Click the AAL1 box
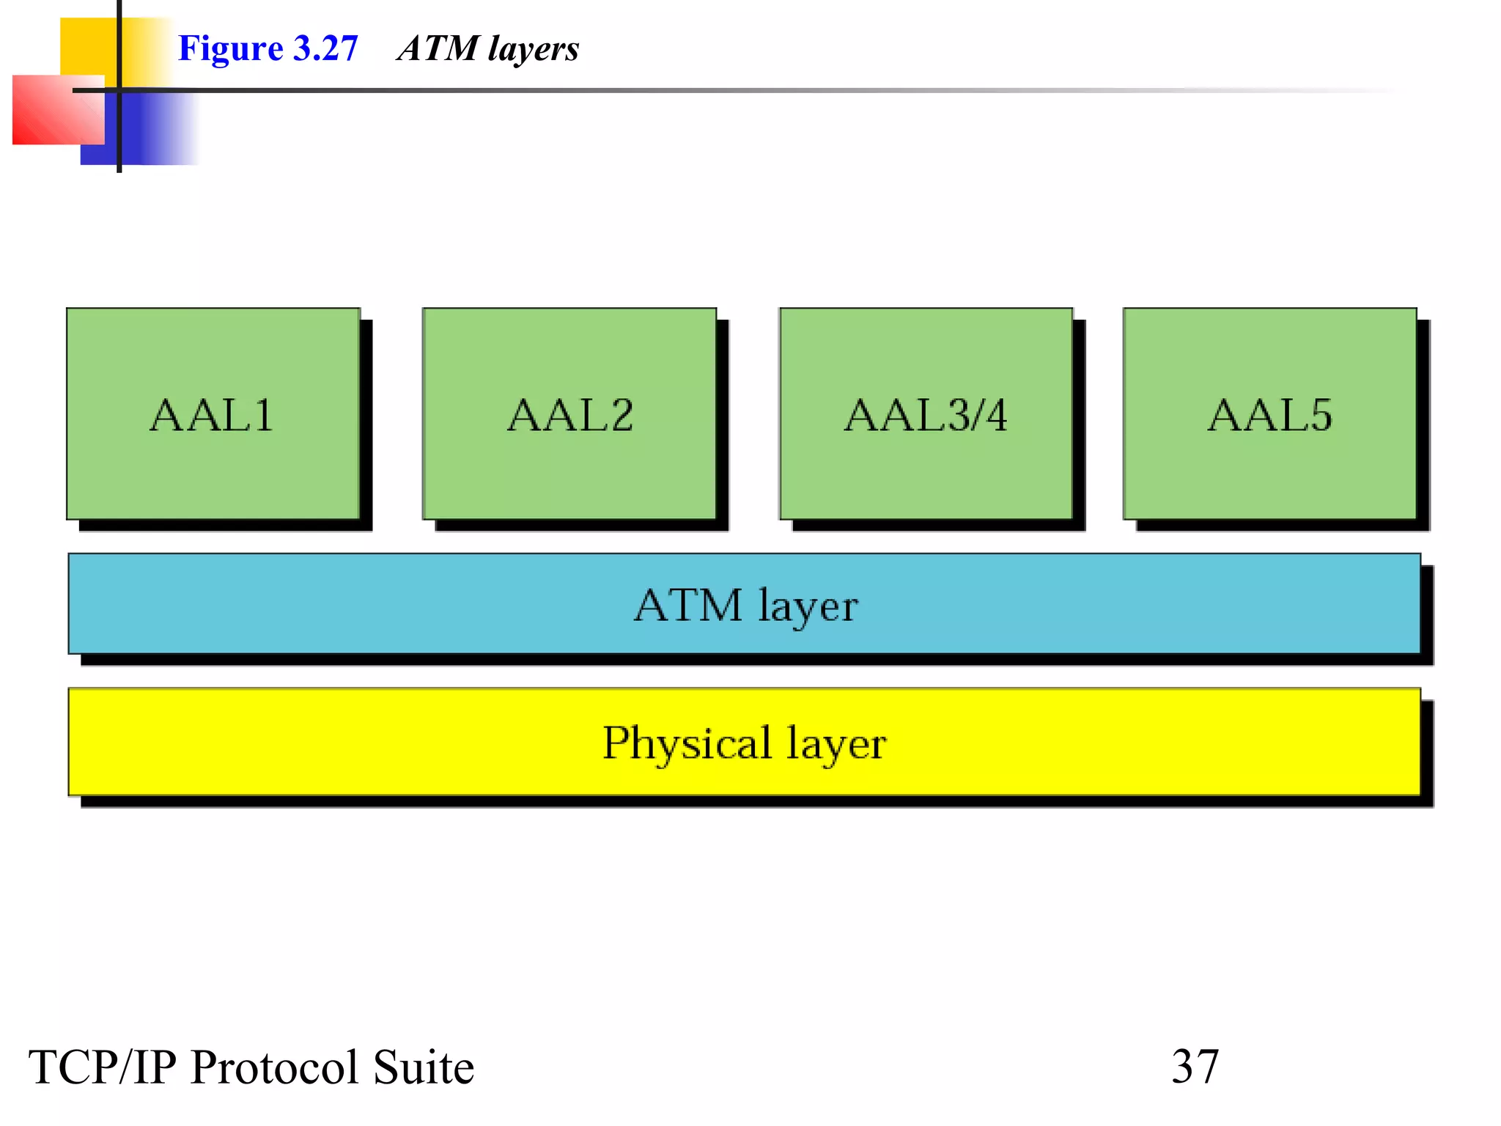click(213, 414)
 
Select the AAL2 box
click(569, 414)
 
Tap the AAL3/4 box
click(926, 414)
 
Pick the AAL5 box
click(1269, 414)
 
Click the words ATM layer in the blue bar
click(745, 606)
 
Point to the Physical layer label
click(744, 743)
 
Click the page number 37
click(1195, 1067)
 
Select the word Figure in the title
click(230, 49)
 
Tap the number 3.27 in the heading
click(325, 48)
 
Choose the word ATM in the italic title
click(438, 48)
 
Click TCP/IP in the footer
click(102, 1067)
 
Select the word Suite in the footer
click(424, 1067)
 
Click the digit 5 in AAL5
click(1320, 414)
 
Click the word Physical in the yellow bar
click(687, 743)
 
